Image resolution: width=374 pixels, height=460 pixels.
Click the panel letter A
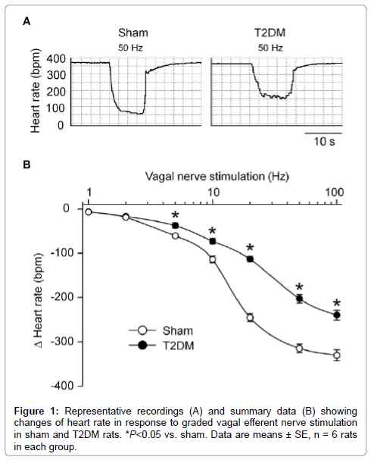[x=26, y=21]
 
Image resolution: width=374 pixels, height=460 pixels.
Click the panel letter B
[x=26, y=165]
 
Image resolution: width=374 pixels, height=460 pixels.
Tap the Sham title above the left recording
[x=133, y=33]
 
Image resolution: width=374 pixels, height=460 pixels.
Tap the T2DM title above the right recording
[x=270, y=33]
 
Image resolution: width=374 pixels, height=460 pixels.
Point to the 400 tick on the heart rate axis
[x=56, y=59]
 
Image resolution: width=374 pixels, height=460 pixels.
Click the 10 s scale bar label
[x=324, y=142]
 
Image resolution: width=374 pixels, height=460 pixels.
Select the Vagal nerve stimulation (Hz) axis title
[x=217, y=177]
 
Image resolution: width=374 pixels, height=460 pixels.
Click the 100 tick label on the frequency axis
[x=335, y=192]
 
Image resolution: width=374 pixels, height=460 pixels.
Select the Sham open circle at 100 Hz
[x=337, y=355]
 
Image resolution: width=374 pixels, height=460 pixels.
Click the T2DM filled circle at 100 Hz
[x=337, y=315]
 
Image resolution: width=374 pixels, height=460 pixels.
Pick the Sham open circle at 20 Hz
[x=250, y=318]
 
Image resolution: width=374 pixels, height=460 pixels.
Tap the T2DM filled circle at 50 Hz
[x=299, y=299]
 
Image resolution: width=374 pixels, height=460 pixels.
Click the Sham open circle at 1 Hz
[x=89, y=212]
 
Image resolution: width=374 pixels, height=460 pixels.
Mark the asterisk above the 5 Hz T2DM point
[x=176, y=215]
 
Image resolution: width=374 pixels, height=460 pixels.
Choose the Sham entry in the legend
[x=161, y=331]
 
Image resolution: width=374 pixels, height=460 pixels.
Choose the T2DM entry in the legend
[x=162, y=346]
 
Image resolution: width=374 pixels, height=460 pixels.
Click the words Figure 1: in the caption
[x=36, y=411]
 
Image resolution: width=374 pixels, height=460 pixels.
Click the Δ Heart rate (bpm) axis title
[x=39, y=300]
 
